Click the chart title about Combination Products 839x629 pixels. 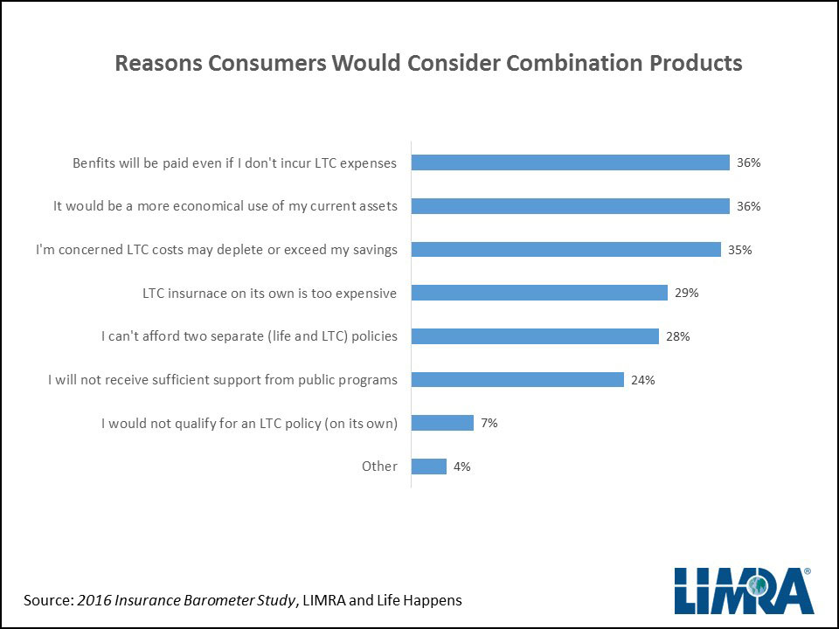click(428, 64)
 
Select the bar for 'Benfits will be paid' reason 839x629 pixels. click(570, 162)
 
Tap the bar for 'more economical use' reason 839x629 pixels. click(570, 206)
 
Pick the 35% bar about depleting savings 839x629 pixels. click(565, 249)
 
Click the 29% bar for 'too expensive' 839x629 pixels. click(539, 293)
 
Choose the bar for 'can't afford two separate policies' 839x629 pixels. click(535, 336)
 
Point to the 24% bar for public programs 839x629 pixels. click(517, 379)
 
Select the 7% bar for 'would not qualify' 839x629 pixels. click(442, 423)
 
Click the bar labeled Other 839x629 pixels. click(429, 467)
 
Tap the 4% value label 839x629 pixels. click(461, 467)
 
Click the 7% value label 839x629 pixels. click(489, 423)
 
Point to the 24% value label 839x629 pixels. click(642, 379)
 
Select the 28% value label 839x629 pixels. click(677, 336)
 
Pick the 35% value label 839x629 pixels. click(739, 249)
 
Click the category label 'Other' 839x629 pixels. click(379, 467)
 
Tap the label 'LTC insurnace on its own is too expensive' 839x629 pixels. click(269, 293)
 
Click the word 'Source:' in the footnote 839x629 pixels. click(48, 600)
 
